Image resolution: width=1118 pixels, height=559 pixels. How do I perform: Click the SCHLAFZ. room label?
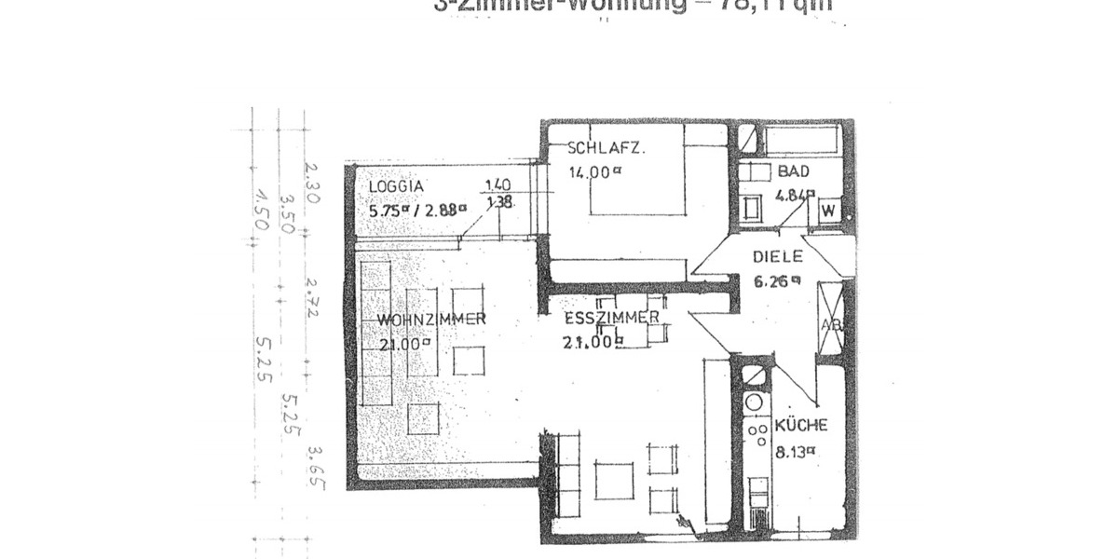click(x=606, y=149)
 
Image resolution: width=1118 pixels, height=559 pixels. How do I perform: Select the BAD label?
click(x=794, y=172)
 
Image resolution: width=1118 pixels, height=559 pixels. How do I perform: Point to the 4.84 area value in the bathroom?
click(x=795, y=196)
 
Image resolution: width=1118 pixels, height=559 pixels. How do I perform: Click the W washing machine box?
click(x=826, y=211)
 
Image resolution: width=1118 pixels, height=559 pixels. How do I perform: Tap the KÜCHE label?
click(x=800, y=426)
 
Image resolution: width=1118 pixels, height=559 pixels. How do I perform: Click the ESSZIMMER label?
click(x=611, y=319)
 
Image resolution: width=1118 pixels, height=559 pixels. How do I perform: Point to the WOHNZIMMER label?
click(x=430, y=320)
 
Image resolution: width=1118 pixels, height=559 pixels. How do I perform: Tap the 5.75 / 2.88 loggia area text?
click(x=416, y=210)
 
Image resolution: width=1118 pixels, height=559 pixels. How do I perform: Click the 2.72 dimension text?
click(x=313, y=297)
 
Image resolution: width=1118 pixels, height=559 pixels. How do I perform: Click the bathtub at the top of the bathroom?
click(x=802, y=140)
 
